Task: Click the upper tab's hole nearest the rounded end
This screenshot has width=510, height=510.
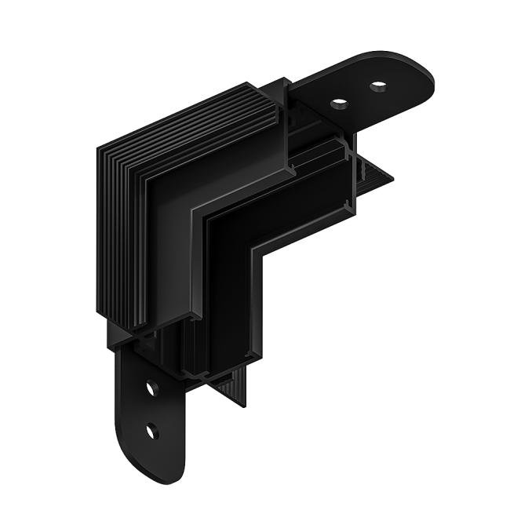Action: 378,85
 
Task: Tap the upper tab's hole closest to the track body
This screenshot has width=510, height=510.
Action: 340,102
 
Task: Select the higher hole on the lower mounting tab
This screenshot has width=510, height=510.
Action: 151,388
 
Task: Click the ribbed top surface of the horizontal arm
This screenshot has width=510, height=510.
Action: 196,126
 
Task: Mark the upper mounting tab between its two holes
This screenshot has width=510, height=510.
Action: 359,93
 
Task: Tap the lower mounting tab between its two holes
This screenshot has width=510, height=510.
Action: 151,409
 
